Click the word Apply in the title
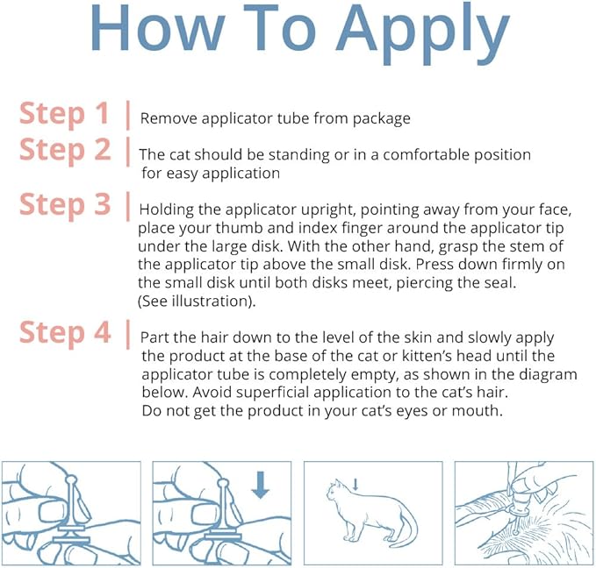click(x=422, y=33)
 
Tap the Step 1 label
click(x=64, y=114)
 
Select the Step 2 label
click(x=65, y=151)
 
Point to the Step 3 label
click(x=65, y=205)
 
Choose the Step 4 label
click(x=65, y=333)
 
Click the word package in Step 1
click(x=381, y=119)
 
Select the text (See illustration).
click(x=197, y=301)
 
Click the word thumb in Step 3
click(x=235, y=229)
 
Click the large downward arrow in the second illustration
click(x=261, y=485)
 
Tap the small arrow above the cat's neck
click(x=355, y=485)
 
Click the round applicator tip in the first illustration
click(x=71, y=479)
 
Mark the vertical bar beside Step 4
click(x=128, y=334)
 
